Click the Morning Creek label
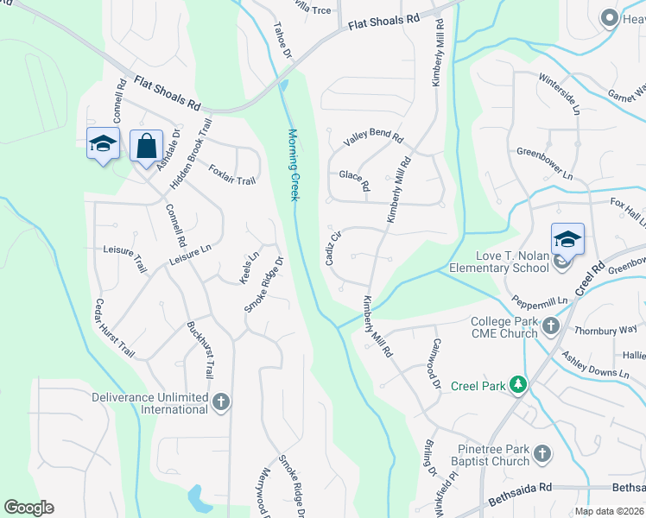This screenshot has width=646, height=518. point(293,165)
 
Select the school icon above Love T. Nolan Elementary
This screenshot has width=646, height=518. point(567,239)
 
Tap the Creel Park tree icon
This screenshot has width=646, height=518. point(517,384)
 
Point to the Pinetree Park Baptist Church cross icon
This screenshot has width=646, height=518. point(541,453)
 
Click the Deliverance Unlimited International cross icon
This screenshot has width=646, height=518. point(221,401)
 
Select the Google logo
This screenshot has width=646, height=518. point(29,508)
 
